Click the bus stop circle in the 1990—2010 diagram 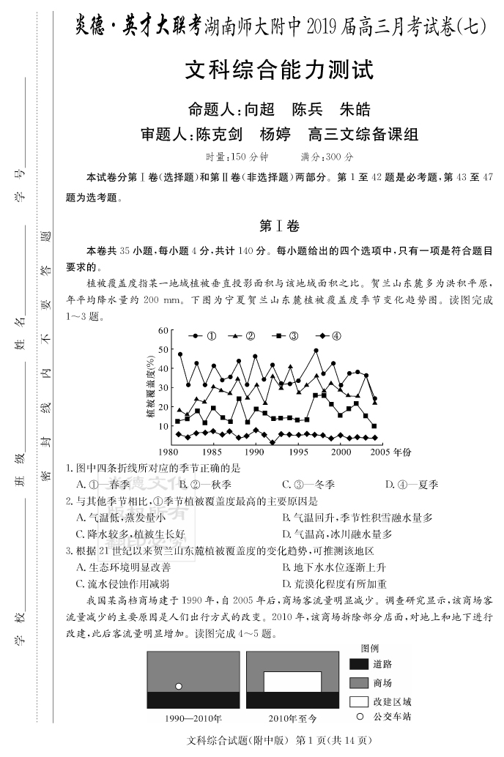coord(178,686)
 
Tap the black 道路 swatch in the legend coord(358,664)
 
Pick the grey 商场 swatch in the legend coord(358,682)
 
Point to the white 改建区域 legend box coord(358,701)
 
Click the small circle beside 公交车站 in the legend coord(360,716)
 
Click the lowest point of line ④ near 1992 coord(273,442)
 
